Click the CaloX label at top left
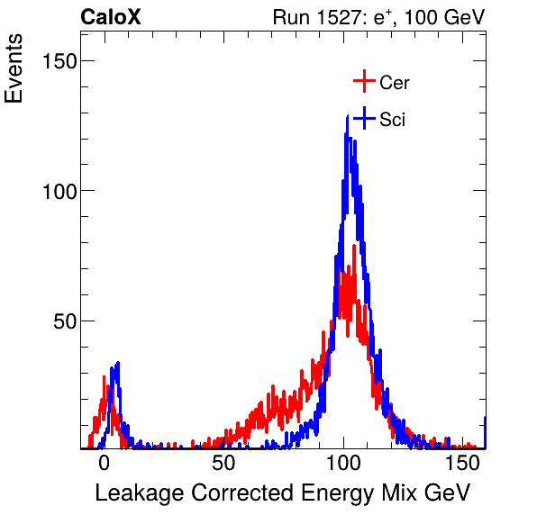point(111,17)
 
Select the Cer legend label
point(395,83)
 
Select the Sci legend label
point(392,120)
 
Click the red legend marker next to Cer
point(363,82)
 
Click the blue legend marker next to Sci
point(363,119)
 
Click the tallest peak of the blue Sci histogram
point(347,117)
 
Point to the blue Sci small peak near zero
point(116,364)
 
